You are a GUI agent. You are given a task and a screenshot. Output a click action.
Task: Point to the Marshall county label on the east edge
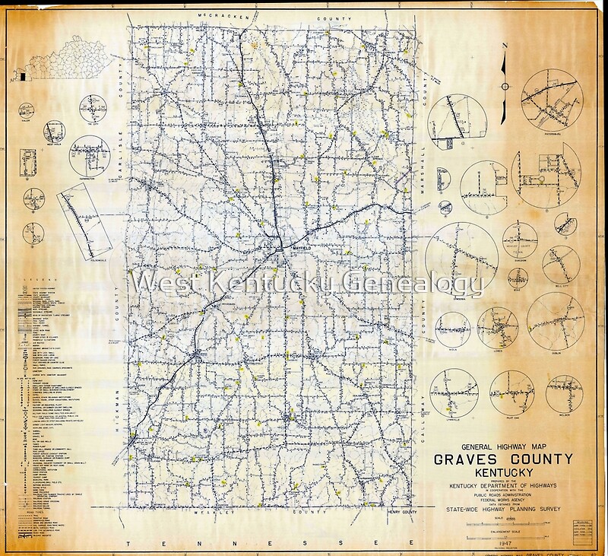coord(427,114)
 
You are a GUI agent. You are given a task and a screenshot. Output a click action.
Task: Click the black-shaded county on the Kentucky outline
coord(23,77)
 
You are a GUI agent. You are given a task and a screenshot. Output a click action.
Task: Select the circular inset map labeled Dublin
coord(555,318)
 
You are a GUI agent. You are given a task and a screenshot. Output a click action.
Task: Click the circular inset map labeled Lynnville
coord(454,394)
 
